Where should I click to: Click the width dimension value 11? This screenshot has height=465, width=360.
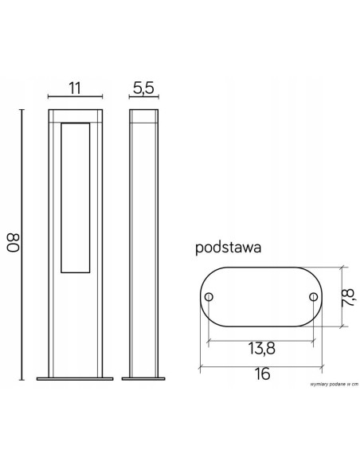click(x=76, y=88)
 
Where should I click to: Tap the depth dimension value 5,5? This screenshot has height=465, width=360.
click(x=143, y=88)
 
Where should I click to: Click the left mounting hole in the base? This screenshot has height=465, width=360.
click(x=209, y=297)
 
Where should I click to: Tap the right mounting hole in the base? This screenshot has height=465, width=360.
click(x=312, y=297)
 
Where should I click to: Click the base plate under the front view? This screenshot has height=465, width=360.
click(x=76, y=378)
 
